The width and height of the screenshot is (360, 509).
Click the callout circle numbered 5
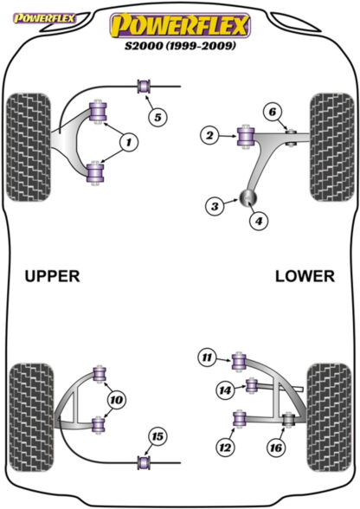(x=157, y=117)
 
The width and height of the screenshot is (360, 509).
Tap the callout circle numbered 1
(x=129, y=142)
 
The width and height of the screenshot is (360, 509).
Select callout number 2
(x=210, y=135)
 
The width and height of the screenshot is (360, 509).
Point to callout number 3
(x=215, y=206)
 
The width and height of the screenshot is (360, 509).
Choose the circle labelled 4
(x=259, y=221)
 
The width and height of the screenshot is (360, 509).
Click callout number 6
(x=273, y=112)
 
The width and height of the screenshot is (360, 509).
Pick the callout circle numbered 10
(x=117, y=400)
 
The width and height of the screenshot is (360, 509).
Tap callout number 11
(x=207, y=358)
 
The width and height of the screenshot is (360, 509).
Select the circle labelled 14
(x=225, y=390)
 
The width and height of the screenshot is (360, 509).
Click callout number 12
(x=225, y=448)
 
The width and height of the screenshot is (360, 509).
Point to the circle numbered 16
(x=276, y=448)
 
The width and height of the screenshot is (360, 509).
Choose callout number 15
(x=157, y=436)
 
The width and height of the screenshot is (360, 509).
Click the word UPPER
(x=52, y=277)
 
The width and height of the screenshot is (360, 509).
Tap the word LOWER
(x=305, y=277)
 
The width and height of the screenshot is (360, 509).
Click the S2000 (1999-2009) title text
(x=181, y=45)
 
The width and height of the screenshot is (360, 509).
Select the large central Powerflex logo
(x=181, y=25)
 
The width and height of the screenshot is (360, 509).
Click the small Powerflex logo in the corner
(x=44, y=18)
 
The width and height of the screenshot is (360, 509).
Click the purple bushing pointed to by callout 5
(x=144, y=87)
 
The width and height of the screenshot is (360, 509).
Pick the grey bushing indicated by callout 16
(x=288, y=419)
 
